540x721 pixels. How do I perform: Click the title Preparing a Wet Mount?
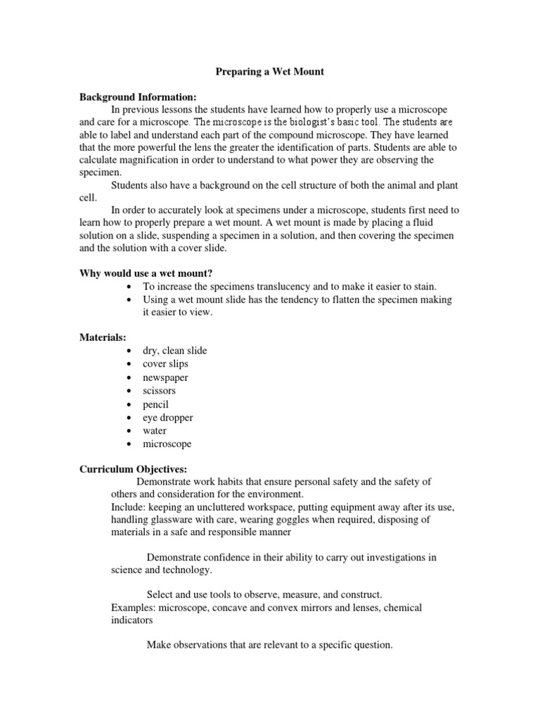click(x=269, y=72)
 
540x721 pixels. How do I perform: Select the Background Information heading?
click(x=138, y=97)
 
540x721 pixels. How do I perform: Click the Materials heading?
click(x=103, y=338)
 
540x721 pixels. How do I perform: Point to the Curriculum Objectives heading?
click(x=133, y=469)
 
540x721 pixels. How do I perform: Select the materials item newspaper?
click(x=165, y=377)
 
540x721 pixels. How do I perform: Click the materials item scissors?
click(x=159, y=391)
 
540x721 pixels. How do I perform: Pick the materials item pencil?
click(x=155, y=404)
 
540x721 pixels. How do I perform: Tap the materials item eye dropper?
click(x=167, y=418)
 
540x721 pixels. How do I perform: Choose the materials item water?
click(x=155, y=431)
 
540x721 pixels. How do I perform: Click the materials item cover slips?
click(x=165, y=364)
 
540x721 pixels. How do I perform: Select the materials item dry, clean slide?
click(x=174, y=351)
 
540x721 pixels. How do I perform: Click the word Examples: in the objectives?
click(x=134, y=608)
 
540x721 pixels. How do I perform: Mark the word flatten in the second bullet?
click(x=352, y=300)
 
